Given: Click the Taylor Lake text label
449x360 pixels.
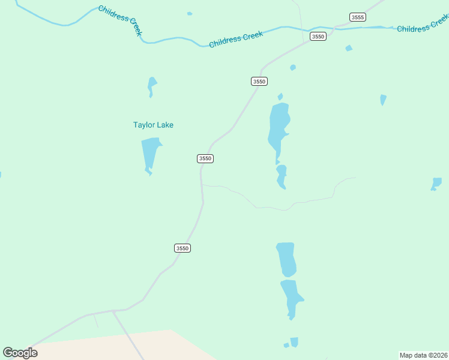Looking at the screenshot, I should tap(153, 125).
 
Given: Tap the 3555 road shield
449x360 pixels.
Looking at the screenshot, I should tap(358, 17).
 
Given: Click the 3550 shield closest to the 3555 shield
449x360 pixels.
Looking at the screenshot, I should tap(318, 37).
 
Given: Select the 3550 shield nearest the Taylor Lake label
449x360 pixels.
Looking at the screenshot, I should tap(205, 158).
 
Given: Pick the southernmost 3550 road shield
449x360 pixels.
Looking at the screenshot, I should tap(182, 248).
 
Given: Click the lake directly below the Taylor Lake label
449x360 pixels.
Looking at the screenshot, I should tap(150, 154).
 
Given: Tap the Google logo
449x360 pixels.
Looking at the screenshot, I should tap(20, 352).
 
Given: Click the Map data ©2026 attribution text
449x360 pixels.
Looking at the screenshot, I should tap(423, 355).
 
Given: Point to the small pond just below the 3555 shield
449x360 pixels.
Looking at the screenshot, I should tap(349, 48).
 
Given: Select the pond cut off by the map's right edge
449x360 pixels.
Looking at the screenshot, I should tap(436, 184).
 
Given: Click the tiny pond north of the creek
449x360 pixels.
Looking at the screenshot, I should tap(190, 13).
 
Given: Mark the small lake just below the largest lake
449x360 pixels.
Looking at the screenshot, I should tap(281, 176).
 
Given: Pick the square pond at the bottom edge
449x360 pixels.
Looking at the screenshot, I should tap(294, 342).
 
